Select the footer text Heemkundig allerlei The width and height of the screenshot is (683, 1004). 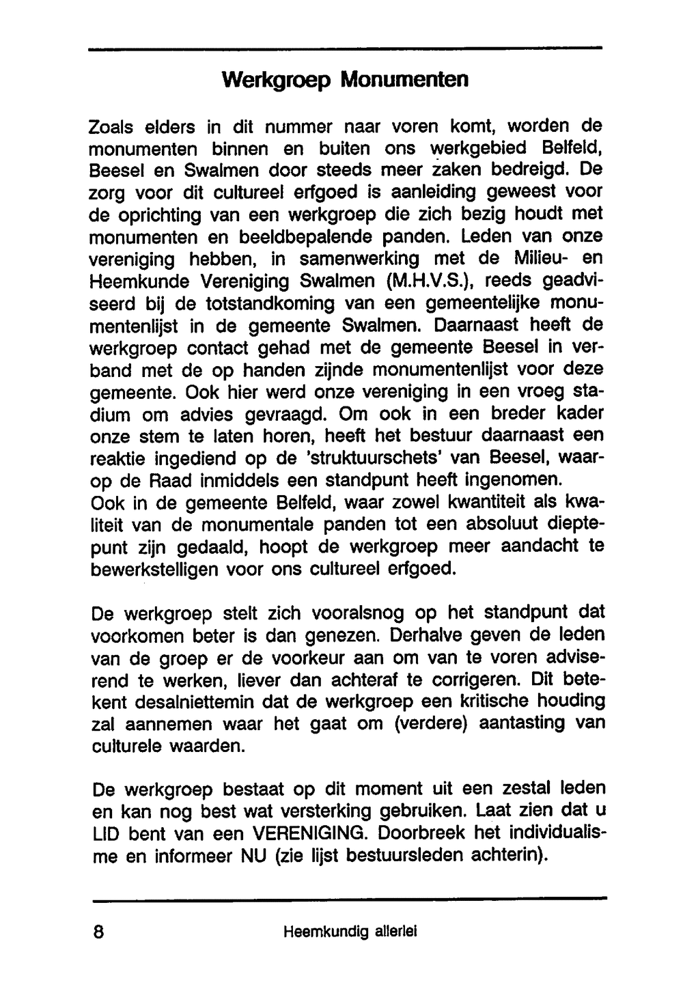(349, 932)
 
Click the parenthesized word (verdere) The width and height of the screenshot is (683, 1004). (430, 724)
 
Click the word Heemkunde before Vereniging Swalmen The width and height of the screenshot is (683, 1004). (141, 281)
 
